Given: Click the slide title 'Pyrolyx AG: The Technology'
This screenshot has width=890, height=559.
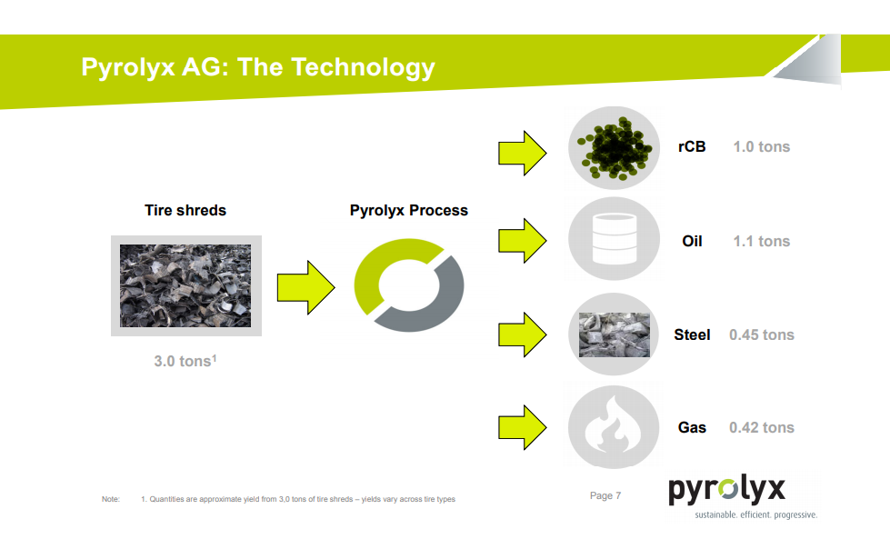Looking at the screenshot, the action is click(x=258, y=67).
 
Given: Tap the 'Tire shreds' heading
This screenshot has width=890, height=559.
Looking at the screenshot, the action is click(x=185, y=210).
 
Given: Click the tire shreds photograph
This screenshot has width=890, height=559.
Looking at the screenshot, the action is click(x=185, y=285).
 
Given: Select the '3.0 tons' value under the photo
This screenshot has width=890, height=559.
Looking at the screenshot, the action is click(x=185, y=361).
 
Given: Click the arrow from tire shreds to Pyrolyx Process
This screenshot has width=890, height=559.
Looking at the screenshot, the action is click(x=306, y=287).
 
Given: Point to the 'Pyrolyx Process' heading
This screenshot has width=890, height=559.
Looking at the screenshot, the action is click(x=409, y=210).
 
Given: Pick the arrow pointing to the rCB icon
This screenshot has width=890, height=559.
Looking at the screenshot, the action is click(x=522, y=154).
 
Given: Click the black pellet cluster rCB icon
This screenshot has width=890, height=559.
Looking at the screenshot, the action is click(x=615, y=147).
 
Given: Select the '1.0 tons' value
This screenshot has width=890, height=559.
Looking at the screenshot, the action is click(x=761, y=147).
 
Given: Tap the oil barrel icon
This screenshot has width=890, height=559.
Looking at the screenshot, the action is click(x=615, y=238).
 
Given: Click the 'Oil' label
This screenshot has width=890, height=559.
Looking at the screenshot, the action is click(x=692, y=241).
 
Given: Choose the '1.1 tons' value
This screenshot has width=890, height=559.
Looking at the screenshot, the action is click(x=761, y=241).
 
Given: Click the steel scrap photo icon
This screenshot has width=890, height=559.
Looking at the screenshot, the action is click(x=615, y=334).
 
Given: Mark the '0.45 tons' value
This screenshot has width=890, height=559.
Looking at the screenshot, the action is click(x=761, y=334).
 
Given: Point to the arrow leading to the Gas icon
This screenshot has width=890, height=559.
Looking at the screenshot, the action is click(x=522, y=427).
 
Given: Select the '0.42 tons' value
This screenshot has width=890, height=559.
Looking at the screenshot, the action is click(x=761, y=427).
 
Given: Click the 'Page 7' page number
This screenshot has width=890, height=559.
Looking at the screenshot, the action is click(x=605, y=495).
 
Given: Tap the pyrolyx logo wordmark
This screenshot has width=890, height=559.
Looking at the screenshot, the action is click(x=727, y=490).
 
